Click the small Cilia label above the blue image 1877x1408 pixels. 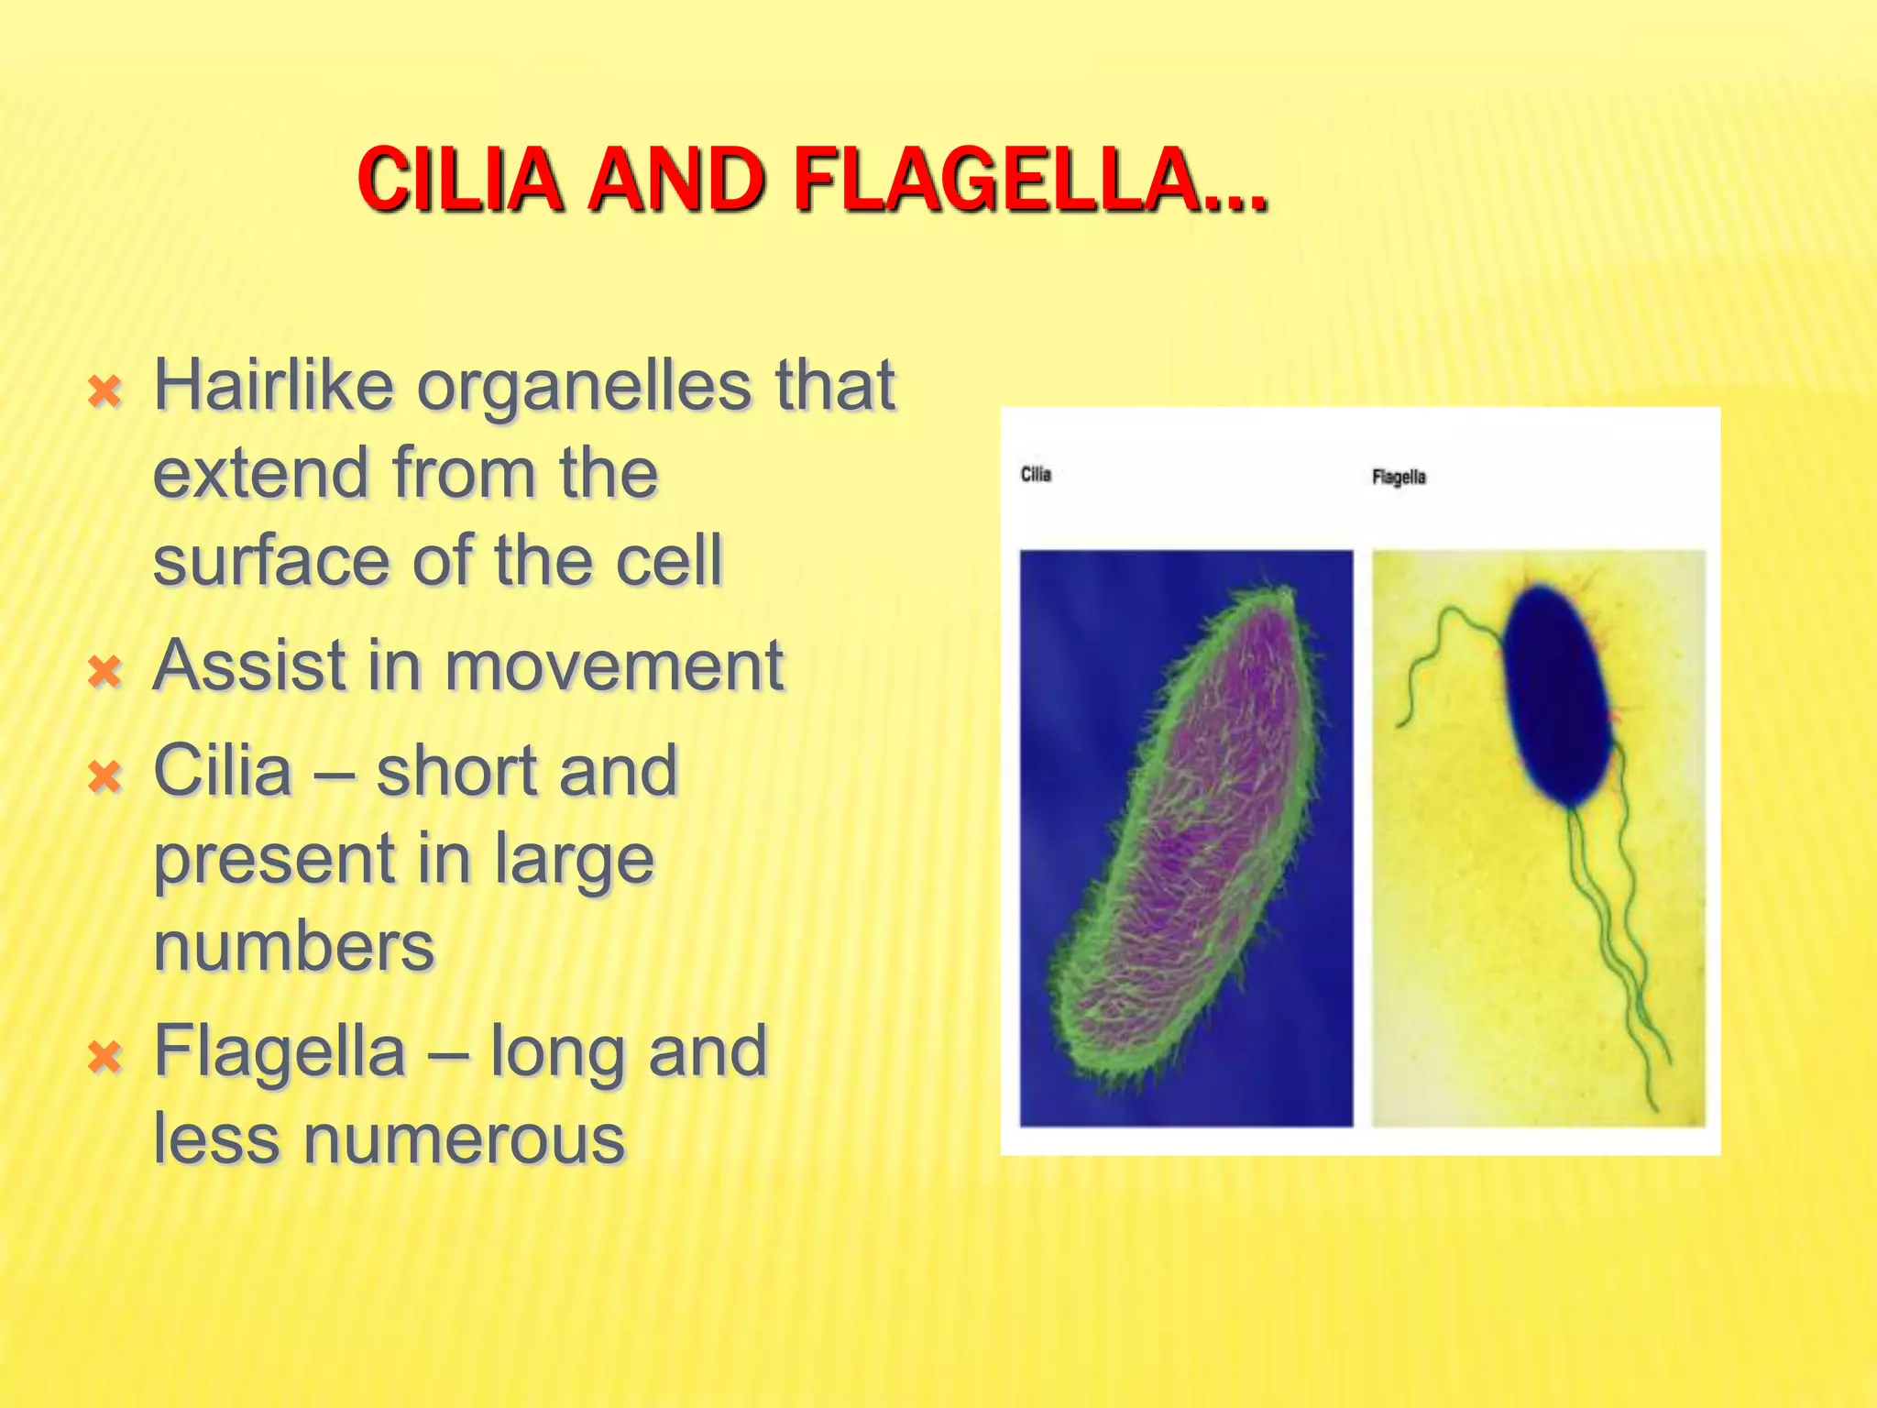pyautogui.click(x=1036, y=475)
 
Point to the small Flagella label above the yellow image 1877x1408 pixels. pyautogui.click(x=1399, y=477)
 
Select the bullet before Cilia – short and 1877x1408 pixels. pyautogui.click(x=104, y=778)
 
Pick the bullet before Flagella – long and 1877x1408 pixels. pyautogui.click(x=104, y=1058)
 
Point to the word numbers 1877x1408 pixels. pyautogui.click(x=293, y=947)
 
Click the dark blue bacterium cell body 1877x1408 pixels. pyautogui.click(x=1558, y=697)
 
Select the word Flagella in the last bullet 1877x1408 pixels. pyautogui.click(x=279, y=1050)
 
